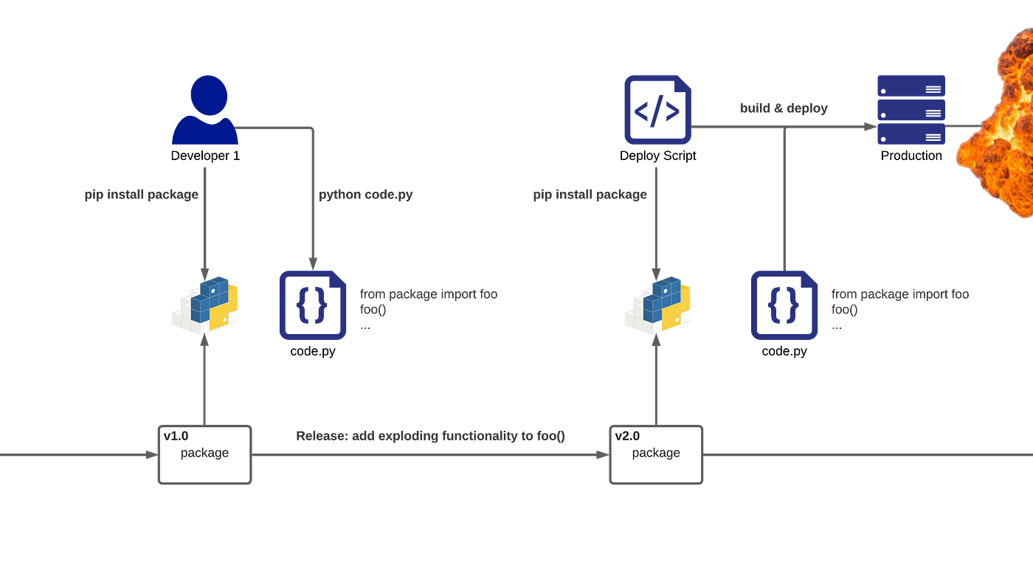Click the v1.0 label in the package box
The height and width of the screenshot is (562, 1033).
(x=176, y=436)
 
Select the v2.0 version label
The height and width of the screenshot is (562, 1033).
(x=627, y=436)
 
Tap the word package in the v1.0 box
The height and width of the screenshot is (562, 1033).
(x=204, y=453)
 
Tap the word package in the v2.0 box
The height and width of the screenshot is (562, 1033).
(x=656, y=453)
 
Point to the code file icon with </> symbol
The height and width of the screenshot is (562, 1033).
(x=657, y=110)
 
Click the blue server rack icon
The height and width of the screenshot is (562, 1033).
(x=911, y=110)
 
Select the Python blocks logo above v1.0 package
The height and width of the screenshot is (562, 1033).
(x=206, y=303)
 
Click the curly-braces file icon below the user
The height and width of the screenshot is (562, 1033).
(x=313, y=305)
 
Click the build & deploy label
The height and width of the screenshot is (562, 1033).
(x=784, y=108)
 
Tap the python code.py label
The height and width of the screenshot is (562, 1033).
(x=367, y=195)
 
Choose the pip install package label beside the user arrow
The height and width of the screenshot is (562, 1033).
(x=141, y=195)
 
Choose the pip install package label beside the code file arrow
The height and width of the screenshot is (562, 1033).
(x=590, y=195)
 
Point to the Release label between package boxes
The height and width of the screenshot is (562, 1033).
(x=430, y=437)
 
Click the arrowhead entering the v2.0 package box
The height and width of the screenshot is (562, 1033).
(x=601, y=456)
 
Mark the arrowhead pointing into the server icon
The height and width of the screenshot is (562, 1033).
(x=868, y=127)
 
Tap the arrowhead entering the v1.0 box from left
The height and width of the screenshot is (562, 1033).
(x=150, y=456)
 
